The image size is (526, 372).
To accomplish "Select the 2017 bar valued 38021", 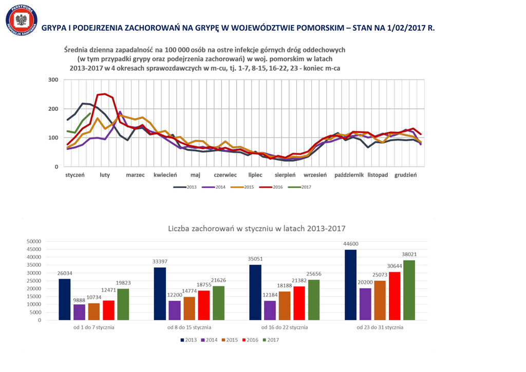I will click(409, 290).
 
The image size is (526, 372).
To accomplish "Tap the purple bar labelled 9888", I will click(79, 312).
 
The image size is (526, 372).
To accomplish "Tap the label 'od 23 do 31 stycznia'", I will click(380, 327).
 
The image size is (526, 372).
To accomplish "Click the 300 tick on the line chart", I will click(53, 80).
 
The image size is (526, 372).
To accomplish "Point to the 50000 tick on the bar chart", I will click(33, 242).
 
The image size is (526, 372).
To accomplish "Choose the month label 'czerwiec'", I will click(225, 175).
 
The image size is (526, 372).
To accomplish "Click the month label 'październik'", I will click(349, 175).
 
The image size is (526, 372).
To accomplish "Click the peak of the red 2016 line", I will click(105, 94).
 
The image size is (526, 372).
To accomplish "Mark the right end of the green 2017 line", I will click(90, 113).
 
